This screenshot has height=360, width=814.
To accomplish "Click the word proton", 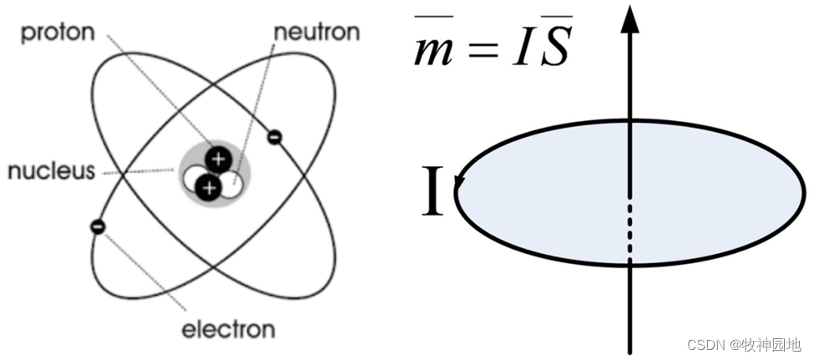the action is click(x=58, y=34).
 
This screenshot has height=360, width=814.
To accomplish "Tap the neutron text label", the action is click(x=316, y=33).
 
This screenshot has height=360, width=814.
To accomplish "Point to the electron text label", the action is click(x=229, y=329).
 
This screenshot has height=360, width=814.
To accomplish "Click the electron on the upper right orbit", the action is click(x=274, y=135).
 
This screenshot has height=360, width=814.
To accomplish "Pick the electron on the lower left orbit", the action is click(x=98, y=226).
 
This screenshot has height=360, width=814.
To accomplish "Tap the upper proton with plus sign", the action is click(x=218, y=159).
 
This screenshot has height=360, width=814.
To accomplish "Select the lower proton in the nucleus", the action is click(x=210, y=188).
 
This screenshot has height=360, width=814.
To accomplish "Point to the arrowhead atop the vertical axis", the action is click(x=631, y=18).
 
